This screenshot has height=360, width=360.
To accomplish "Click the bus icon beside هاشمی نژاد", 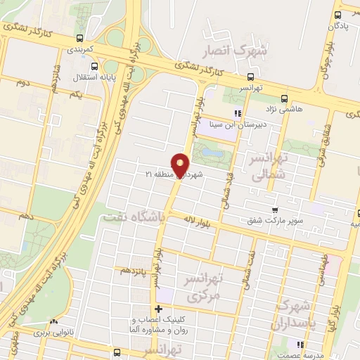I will coord(284,98).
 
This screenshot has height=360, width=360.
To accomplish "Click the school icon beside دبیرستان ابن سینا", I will coord(238,112).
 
